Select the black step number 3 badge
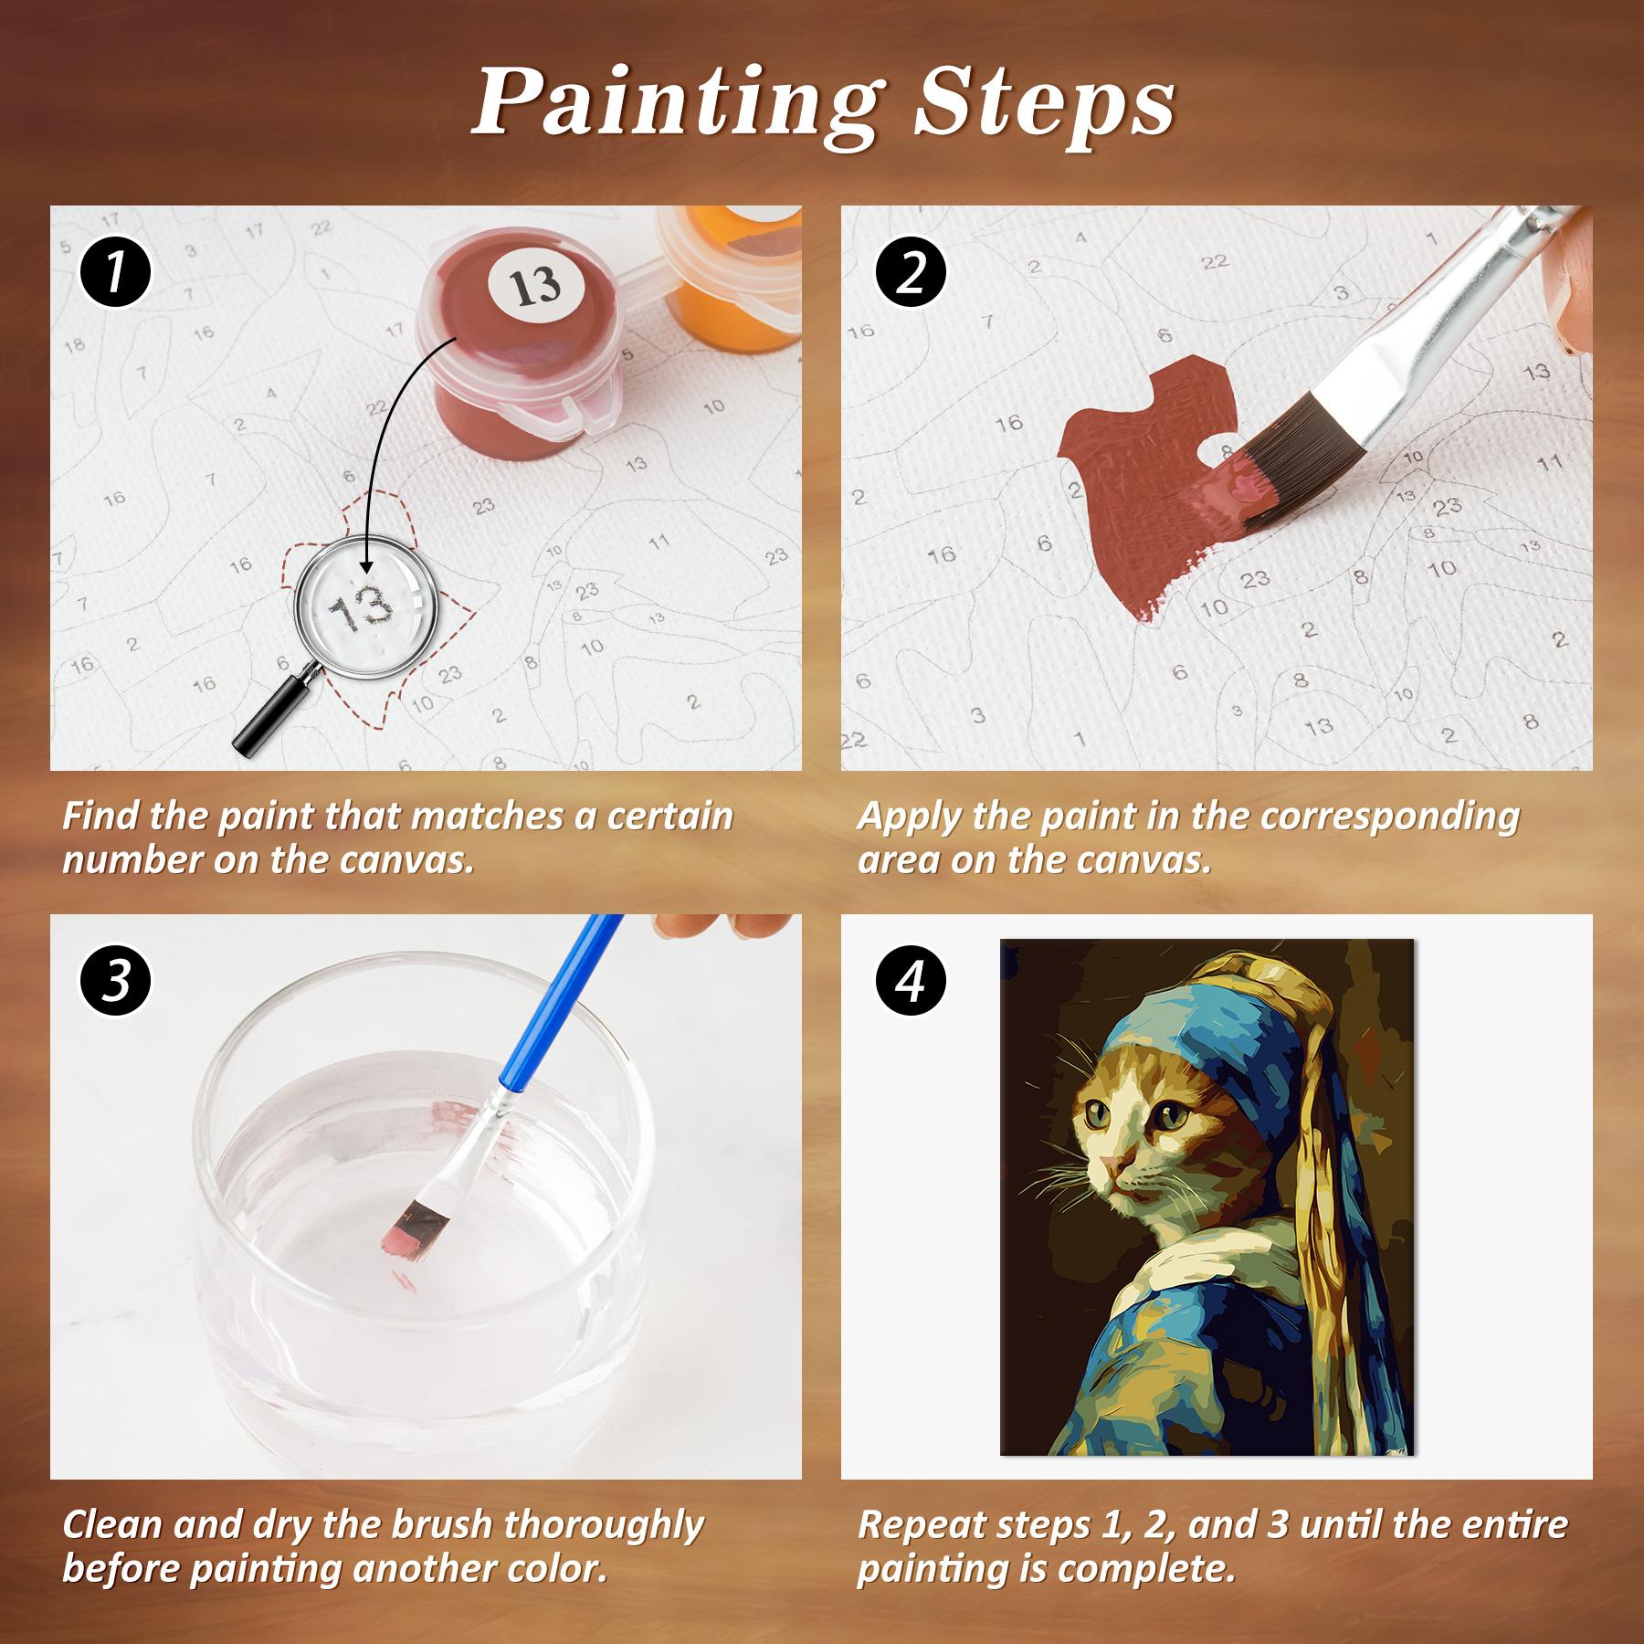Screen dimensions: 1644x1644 point(114,985)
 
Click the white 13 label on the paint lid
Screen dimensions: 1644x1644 point(535,287)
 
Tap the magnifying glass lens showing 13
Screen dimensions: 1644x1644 point(362,606)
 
